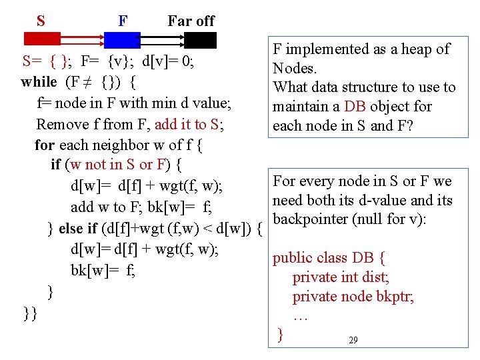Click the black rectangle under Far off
point(200,40)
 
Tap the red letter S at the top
point(41,21)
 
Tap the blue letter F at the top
point(123,21)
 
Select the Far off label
point(191,21)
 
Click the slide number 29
point(353,341)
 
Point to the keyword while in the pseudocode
point(39,83)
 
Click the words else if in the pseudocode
point(78,229)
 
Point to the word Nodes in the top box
point(294,68)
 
